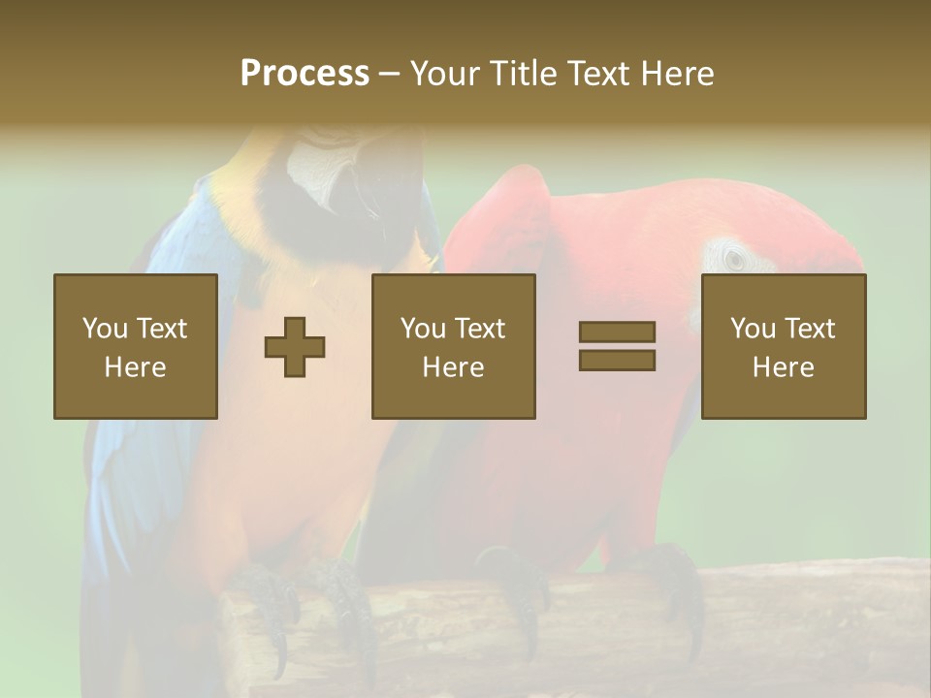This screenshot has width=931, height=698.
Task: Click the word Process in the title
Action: tap(305, 74)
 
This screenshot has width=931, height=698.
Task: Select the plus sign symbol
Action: tap(295, 347)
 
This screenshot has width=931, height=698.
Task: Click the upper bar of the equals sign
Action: tap(617, 333)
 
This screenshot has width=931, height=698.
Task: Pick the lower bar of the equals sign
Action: tap(617, 361)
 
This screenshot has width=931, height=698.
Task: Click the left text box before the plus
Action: tap(136, 346)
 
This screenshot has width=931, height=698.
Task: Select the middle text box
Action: tap(454, 346)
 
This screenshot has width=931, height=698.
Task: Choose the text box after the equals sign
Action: tap(784, 346)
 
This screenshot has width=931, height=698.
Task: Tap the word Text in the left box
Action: tap(161, 329)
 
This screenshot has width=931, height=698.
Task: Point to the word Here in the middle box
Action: tap(454, 367)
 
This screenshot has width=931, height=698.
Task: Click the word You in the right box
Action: tap(753, 329)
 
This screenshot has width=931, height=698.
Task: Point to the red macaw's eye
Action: tap(735, 259)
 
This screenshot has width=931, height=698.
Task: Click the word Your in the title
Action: tap(445, 74)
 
